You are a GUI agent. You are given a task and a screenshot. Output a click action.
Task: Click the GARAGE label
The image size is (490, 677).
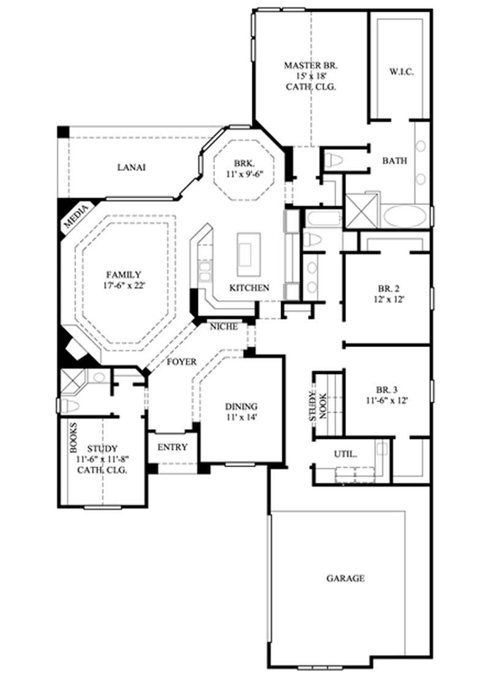coord(345,578)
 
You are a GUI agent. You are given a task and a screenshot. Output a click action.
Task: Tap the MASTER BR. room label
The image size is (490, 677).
coord(311,64)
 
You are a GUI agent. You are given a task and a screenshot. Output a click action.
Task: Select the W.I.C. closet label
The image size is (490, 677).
coord(402,72)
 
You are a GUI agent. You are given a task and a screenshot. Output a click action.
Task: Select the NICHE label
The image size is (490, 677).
coord(224,327)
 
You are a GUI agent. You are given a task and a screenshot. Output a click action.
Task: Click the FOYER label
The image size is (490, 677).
coord(182,362)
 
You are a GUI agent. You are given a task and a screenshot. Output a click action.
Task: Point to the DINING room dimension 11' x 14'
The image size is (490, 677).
coord(241,417)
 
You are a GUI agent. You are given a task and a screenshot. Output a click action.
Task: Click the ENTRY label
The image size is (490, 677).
coord(172,447)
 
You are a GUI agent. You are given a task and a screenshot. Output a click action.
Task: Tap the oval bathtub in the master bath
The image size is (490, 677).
coord(405,217)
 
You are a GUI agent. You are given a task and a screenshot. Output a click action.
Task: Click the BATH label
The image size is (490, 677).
coord(395,161)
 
